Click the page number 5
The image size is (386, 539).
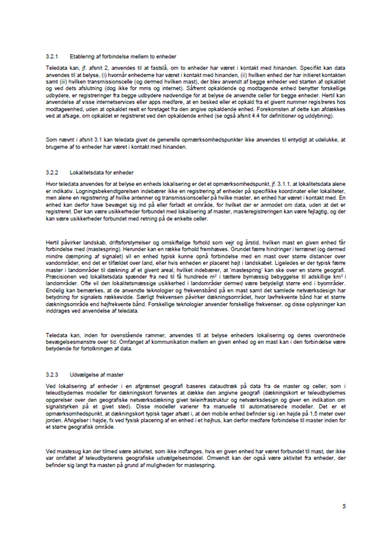tap(344, 506)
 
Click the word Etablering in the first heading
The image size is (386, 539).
tap(82, 56)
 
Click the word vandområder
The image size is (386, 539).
tap(59, 263)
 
